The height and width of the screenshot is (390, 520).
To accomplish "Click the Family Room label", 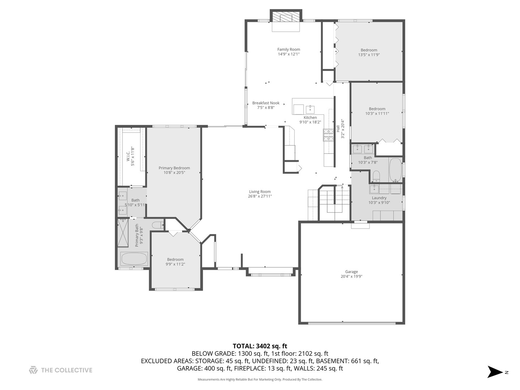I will pyautogui.click(x=289, y=49).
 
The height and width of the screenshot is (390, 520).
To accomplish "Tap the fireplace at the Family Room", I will pyautogui.click(x=286, y=17).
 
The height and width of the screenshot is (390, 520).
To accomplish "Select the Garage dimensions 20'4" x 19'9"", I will pyautogui.click(x=351, y=277).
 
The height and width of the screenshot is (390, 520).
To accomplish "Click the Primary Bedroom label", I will pyautogui.click(x=174, y=168).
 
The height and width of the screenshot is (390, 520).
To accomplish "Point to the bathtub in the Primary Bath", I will pyautogui.click(x=134, y=259).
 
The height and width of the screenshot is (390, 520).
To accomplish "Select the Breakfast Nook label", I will pyautogui.click(x=266, y=103).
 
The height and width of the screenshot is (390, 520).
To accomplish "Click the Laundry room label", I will pyautogui.click(x=379, y=198).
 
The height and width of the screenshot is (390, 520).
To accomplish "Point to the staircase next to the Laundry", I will pyautogui.click(x=334, y=202).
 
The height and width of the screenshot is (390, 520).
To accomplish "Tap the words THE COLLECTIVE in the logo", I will pyautogui.click(x=66, y=370).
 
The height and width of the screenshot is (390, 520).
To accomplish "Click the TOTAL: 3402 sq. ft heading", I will pyautogui.click(x=260, y=346).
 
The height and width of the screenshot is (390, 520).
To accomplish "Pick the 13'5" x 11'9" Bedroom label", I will pyautogui.click(x=369, y=50).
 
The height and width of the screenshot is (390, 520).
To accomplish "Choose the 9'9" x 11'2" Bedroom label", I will pyautogui.click(x=175, y=259).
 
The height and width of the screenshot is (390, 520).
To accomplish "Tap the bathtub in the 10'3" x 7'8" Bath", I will pyautogui.click(x=395, y=170).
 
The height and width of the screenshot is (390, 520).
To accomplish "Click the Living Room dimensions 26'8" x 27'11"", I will pyautogui.click(x=260, y=196).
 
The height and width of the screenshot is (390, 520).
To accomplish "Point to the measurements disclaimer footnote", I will pyautogui.click(x=260, y=380).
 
